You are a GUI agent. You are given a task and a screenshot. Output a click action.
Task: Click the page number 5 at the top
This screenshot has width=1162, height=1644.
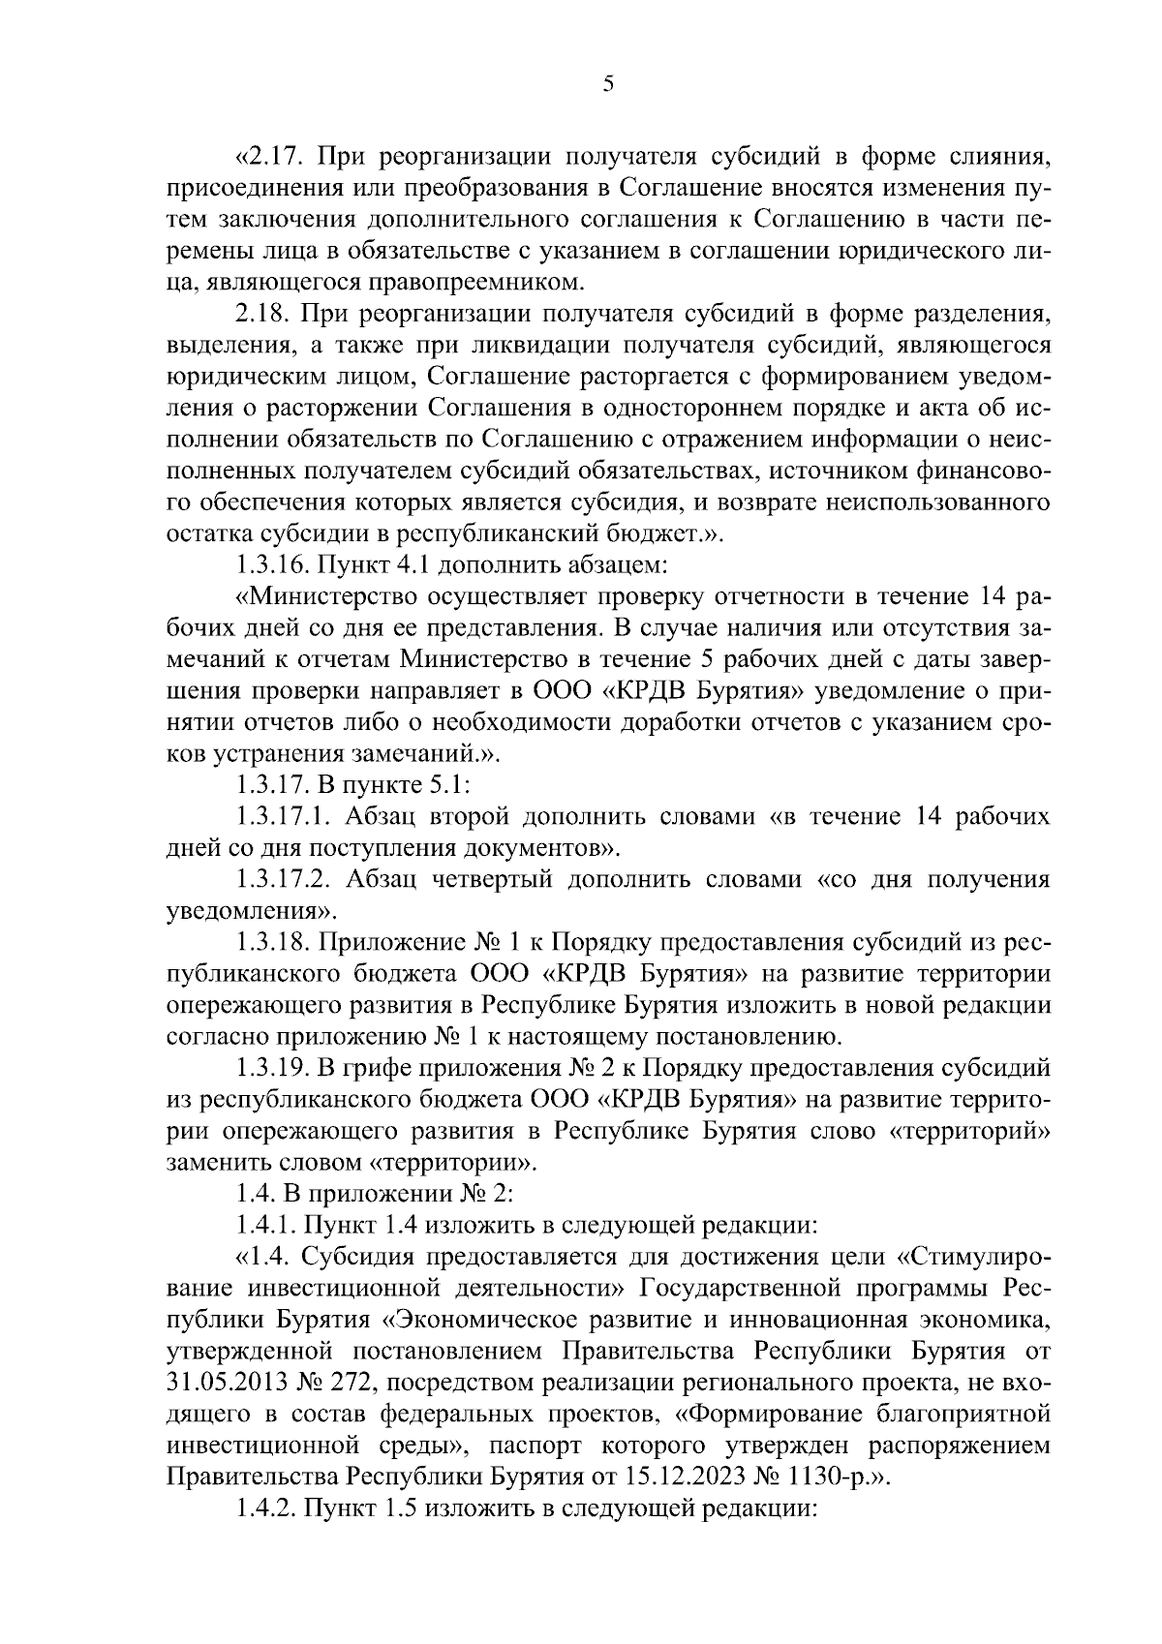point(607,84)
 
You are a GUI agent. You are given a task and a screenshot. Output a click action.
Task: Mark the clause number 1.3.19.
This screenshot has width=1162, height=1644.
point(271,1068)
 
